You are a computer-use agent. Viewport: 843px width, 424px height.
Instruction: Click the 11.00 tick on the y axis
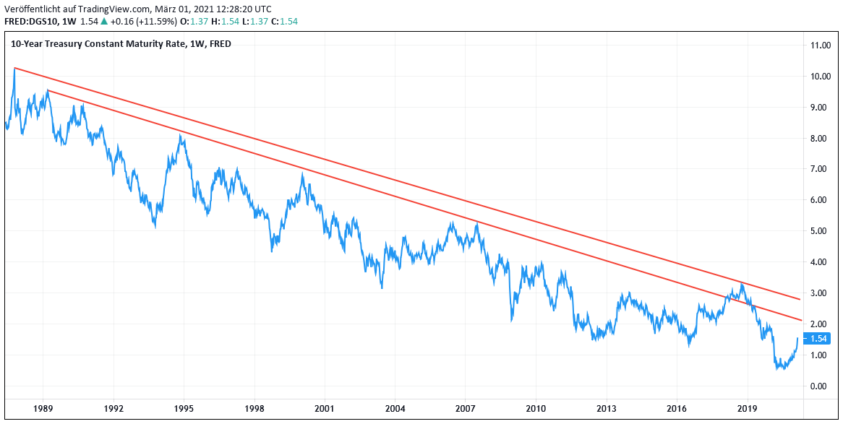[x=820, y=45]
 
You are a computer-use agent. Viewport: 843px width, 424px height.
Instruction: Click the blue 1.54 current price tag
[x=818, y=339]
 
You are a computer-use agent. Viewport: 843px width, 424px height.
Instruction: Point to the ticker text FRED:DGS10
[x=30, y=22]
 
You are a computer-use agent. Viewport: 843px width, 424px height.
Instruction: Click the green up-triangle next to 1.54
[x=104, y=22]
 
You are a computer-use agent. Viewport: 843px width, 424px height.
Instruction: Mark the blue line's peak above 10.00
[x=14, y=69]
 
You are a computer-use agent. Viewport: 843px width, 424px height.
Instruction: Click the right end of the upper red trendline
[x=800, y=299]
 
